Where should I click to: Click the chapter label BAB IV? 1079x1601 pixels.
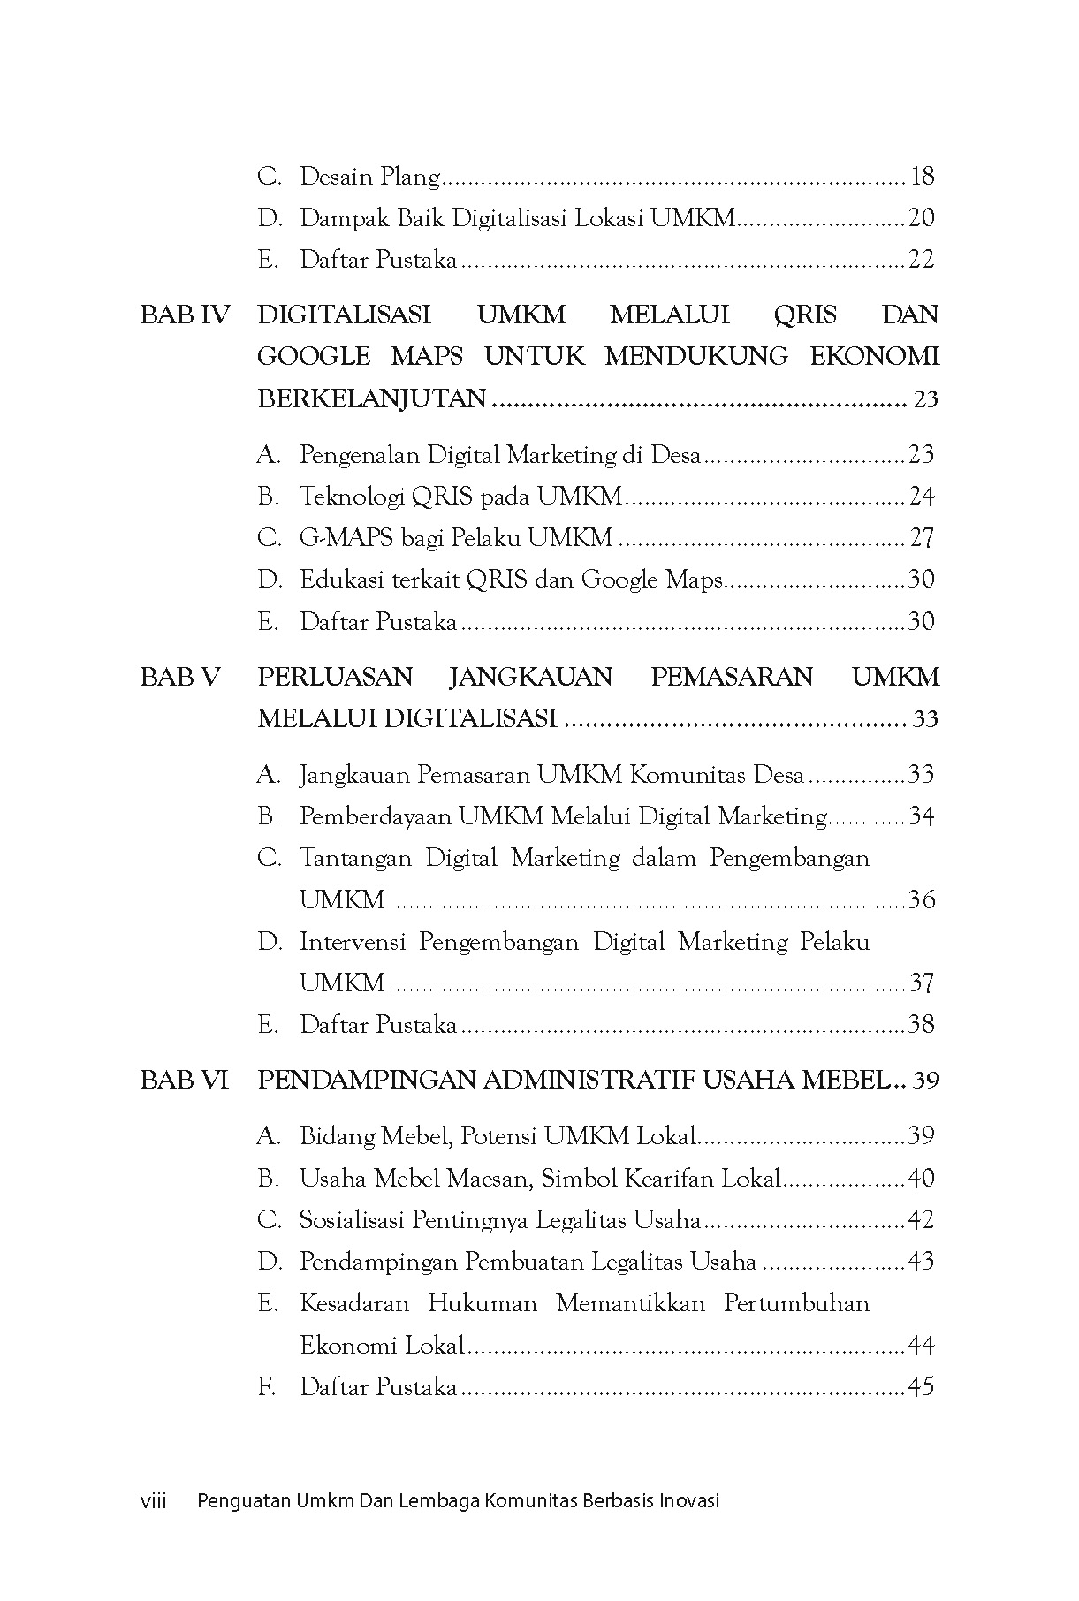coord(185,315)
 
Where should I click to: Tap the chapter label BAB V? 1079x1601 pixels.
coord(180,677)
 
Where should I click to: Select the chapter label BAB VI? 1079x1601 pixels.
coord(184,1080)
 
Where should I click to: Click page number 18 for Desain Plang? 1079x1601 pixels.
coord(921,177)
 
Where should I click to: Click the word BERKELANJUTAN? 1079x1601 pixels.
coord(371,399)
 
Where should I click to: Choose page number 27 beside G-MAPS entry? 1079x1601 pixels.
coord(921,538)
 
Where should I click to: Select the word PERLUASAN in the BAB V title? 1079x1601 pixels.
coord(335,677)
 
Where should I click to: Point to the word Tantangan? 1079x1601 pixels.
coord(355,858)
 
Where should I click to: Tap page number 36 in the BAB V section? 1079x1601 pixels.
coord(921,900)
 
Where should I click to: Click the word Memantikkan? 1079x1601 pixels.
coord(630,1303)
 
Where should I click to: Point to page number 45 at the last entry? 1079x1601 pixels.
coord(921,1387)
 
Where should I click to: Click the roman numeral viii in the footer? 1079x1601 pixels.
coord(154,1500)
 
